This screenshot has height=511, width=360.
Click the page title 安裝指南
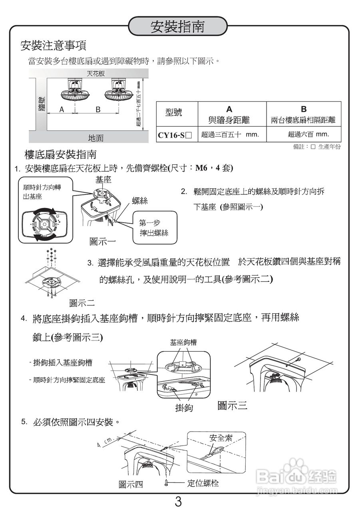click(177, 26)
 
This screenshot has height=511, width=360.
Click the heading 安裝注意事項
click(53, 46)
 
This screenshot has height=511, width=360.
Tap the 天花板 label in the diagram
click(96, 73)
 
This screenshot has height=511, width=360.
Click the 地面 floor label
click(95, 138)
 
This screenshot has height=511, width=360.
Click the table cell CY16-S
click(175, 135)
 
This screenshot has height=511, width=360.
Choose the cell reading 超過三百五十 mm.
click(230, 135)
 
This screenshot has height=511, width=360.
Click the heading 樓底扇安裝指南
click(60, 154)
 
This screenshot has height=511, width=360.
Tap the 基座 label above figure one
click(103, 180)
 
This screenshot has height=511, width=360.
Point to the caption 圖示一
click(103, 242)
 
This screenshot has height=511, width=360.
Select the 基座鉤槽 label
click(183, 342)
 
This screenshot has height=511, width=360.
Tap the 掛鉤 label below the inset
click(184, 408)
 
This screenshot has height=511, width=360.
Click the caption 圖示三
click(232, 406)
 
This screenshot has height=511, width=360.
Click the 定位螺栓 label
click(203, 483)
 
